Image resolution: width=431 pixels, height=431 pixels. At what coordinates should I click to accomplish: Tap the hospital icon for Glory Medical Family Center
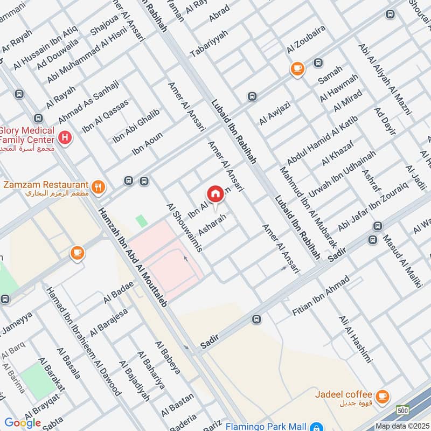click(x=66, y=137)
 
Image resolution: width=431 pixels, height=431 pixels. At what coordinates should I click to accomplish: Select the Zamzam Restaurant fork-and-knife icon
click(x=98, y=187)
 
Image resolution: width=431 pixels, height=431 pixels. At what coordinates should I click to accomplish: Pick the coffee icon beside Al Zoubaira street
click(x=297, y=68)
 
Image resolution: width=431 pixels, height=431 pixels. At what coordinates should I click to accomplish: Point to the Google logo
click(x=23, y=423)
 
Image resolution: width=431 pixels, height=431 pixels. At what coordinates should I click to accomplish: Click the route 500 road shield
click(x=402, y=410)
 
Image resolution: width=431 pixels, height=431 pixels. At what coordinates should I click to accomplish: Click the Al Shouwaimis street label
click(x=184, y=228)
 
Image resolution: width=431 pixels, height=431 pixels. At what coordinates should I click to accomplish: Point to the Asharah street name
click(x=210, y=225)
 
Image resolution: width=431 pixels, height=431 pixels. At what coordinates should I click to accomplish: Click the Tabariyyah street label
click(x=209, y=44)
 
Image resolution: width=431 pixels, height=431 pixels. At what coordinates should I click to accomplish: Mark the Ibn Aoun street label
click(x=147, y=145)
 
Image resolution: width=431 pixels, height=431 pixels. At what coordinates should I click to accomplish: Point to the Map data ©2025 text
click(x=401, y=426)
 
